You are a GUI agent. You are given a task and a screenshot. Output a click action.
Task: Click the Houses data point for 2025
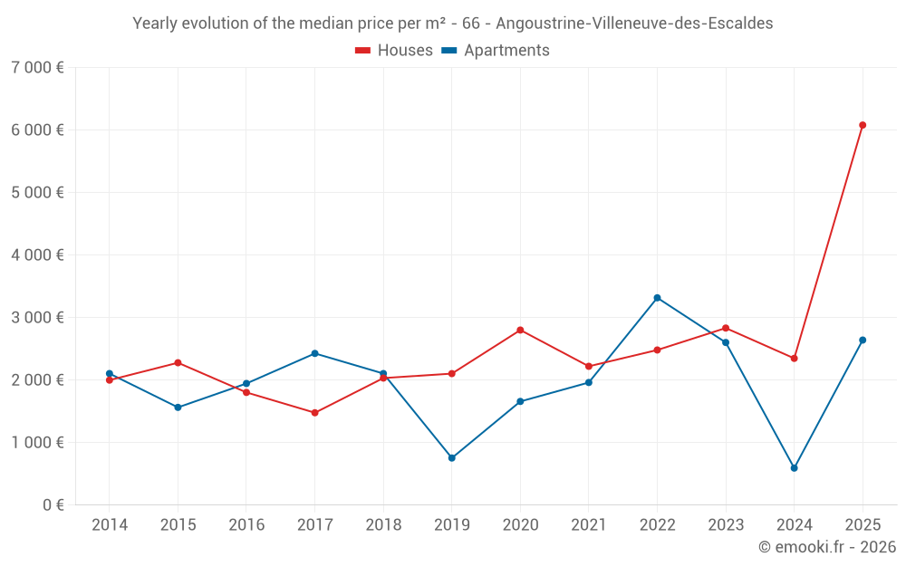click(x=863, y=125)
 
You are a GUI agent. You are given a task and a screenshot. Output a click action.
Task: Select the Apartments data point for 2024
click(x=794, y=468)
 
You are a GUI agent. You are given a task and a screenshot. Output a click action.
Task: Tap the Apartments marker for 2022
click(x=657, y=298)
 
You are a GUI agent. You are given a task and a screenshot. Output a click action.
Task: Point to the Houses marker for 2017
click(x=314, y=413)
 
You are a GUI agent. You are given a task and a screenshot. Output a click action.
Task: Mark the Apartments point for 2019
click(x=451, y=458)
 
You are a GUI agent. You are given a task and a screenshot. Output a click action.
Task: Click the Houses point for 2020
click(x=520, y=330)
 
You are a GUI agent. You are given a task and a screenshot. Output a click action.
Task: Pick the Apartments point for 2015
click(x=178, y=408)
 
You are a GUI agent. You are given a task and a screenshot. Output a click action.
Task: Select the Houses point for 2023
click(x=726, y=328)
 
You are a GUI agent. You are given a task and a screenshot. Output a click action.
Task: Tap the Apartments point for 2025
click(x=863, y=341)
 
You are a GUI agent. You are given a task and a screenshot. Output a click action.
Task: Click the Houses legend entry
click(x=394, y=51)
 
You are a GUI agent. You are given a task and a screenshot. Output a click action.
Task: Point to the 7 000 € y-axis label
click(x=37, y=68)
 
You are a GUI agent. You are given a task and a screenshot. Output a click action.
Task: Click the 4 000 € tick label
click(x=37, y=255)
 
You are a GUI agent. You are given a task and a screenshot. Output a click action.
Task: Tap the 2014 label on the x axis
click(x=110, y=525)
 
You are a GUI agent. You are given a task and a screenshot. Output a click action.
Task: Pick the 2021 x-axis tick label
click(x=588, y=525)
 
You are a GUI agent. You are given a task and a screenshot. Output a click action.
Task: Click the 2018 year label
click(x=382, y=525)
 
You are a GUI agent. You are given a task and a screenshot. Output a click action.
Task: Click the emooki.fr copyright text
click(x=826, y=547)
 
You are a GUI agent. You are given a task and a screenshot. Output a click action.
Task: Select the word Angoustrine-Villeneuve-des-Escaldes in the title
click(x=634, y=24)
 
